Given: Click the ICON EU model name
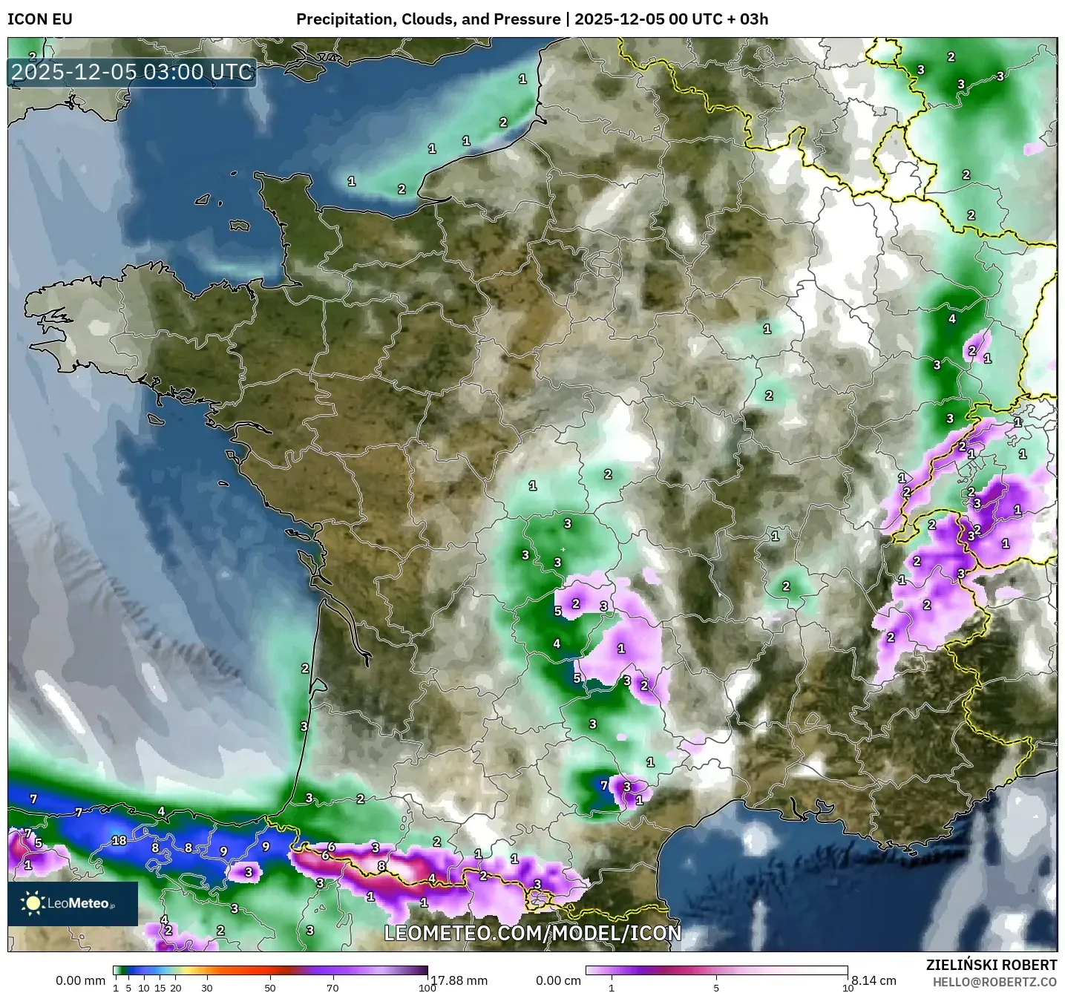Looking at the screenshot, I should pos(40,19).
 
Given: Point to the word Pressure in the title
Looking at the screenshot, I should pos(525,19).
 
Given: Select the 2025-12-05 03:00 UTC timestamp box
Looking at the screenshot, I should pos(132,72).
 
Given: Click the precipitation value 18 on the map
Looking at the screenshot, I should pos(119,841).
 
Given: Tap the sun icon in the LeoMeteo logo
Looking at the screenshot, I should pos(33,903).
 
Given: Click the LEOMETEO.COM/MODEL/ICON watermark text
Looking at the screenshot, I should pos(532,932).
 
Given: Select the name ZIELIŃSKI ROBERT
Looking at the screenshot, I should pos(992,965).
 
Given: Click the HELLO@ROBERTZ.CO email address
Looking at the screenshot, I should pos(994,982).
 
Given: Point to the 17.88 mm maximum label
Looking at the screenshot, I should pos(459,980).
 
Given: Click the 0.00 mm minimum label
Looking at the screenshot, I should pos(80,980).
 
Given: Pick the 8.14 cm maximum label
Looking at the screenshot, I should pos(874,980).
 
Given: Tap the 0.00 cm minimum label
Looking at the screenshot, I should pos(557,980).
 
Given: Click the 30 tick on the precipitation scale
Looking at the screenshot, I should pos(207,987).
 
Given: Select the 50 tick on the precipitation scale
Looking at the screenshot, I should pos(270,987).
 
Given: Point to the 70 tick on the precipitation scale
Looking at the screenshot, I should pos(332,987).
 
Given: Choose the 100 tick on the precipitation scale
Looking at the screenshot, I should pos(427,987).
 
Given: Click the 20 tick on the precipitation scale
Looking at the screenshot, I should pos(176,987).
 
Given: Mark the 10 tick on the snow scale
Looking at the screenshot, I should pos(847,987).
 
